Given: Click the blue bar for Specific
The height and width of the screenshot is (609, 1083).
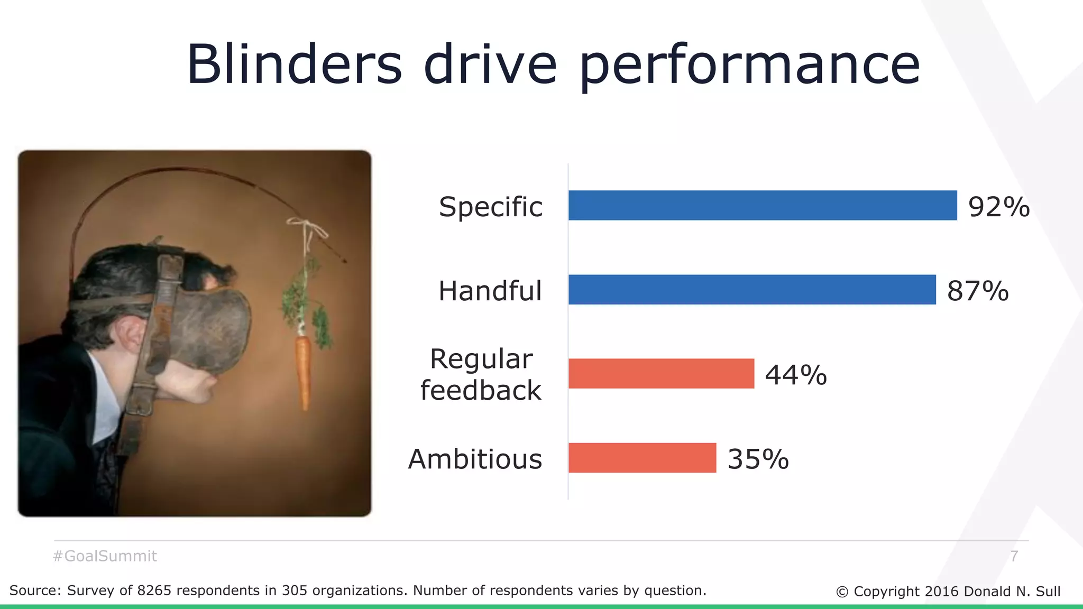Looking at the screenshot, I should tap(763, 205).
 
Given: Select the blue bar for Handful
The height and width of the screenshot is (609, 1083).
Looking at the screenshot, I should tap(752, 290).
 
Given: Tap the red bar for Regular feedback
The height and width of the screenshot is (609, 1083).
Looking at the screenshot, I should tap(661, 374).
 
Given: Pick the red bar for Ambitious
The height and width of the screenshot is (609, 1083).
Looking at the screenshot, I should tap(642, 458).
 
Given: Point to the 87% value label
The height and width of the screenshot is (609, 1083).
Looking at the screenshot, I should tap(978, 291).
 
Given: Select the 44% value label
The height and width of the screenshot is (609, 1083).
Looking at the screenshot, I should tap(796, 375).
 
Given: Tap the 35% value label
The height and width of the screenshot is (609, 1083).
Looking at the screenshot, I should tap(758, 459).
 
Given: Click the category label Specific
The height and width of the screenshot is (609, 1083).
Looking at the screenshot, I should tap(490, 207).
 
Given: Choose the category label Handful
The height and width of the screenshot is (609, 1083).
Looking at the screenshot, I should tap(490, 291).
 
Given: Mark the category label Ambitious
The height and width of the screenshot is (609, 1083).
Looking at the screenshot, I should tap(475, 459).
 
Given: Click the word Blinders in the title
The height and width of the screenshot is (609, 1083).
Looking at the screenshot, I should tap(294, 64).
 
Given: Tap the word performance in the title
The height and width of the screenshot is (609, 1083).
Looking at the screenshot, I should tap(750, 67).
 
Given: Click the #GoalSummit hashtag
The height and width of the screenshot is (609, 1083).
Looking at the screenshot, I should tap(105, 556).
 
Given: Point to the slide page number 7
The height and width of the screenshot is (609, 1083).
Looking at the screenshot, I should tap(1014, 556).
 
